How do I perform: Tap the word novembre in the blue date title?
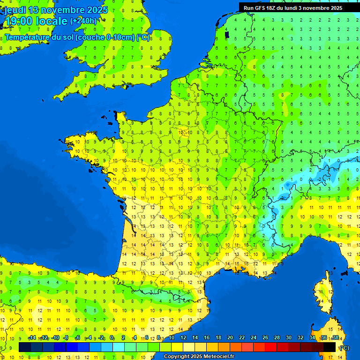[x=63, y=10]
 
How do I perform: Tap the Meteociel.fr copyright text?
[x=199, y=356]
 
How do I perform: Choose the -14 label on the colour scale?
[x=32, y=337]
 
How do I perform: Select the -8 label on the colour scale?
[x=66, y=337]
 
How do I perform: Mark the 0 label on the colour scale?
[x=112, y=337]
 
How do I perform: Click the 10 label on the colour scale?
[x=172, y=337]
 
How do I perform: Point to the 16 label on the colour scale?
[x=207, y=337]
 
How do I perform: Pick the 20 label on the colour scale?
[x=230, y=337]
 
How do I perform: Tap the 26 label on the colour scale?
[x=265, y=337]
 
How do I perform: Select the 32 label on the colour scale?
[x=300, y=337]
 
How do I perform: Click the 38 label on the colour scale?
[x=335, y=337]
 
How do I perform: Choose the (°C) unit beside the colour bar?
[x=344, y=347]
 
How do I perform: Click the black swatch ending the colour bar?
[x=330, y=347]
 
